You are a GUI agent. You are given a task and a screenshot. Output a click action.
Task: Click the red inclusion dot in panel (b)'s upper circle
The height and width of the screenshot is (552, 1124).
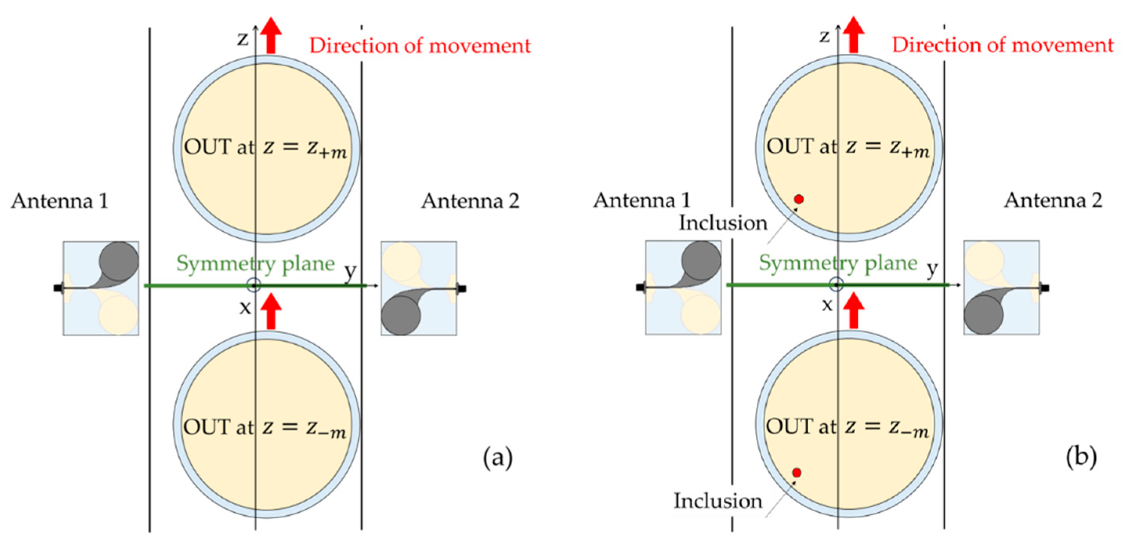(x=799, y=199)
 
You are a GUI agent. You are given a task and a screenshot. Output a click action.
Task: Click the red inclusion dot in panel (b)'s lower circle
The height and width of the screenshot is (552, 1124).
(x=797, y=472)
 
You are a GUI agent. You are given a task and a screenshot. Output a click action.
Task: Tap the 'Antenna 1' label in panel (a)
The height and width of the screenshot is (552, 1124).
(x=60, y=202)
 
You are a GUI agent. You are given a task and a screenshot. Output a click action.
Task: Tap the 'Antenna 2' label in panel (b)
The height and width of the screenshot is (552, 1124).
(x=1053, y=200)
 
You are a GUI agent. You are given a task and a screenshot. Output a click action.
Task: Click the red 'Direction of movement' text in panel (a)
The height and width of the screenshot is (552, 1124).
(x=420, y=46)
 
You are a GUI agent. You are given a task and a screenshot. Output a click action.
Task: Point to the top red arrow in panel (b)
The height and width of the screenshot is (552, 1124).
(x=853, y=35)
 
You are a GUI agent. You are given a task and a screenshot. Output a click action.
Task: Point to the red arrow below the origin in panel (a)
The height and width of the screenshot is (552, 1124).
(x=271, y=311)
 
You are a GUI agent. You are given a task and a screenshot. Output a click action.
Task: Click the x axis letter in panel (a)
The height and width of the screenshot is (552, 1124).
(x=245, y=308)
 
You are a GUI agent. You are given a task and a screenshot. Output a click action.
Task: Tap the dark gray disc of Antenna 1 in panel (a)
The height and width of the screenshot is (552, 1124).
(x=119, y=261)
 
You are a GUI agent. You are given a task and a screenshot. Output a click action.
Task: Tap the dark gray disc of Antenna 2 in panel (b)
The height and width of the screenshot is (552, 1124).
(x=983, y=315)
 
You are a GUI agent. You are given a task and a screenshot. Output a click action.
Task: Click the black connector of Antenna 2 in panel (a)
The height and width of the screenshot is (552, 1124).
(x=462, y=289)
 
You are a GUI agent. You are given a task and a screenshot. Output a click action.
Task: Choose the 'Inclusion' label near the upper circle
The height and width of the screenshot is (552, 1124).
(x=723, y=223)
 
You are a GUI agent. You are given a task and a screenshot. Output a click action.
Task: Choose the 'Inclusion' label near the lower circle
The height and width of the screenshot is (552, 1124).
(x=718, y=501)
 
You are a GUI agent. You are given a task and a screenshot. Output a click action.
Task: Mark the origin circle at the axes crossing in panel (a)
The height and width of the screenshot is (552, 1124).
(x=254, y=286)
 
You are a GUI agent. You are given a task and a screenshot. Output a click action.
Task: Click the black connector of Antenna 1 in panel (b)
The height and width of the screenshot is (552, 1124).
(x=640, y=287)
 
